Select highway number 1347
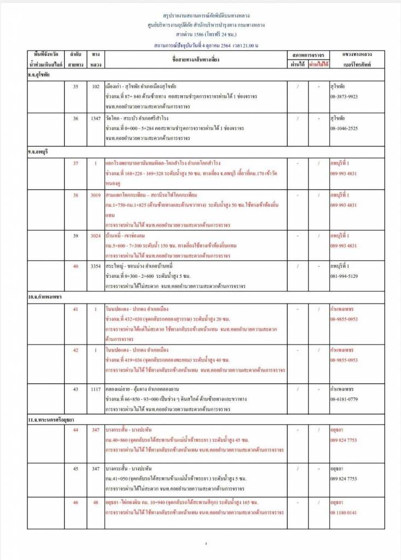pyautogui.click(x=96, y=118)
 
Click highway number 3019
pyautogui.click(x=96, y=195)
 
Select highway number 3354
pyautogui.click(x=96, y=266)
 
